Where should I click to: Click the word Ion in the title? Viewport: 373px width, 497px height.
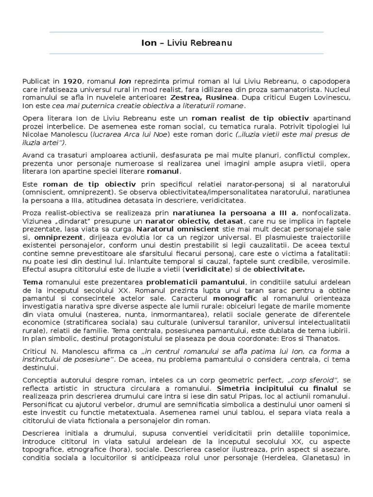[x=149, y=43]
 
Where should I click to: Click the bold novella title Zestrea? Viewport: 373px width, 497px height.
[x=183, y=98]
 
